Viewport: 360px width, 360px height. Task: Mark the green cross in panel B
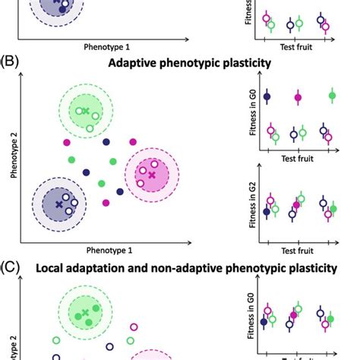86,112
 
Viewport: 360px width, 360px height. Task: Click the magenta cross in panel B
151,175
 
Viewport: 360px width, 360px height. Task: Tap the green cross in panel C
85,313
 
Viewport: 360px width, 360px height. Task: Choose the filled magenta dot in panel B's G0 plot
298,97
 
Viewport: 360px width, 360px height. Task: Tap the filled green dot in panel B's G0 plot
332,95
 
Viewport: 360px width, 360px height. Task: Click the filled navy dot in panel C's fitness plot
264,322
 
